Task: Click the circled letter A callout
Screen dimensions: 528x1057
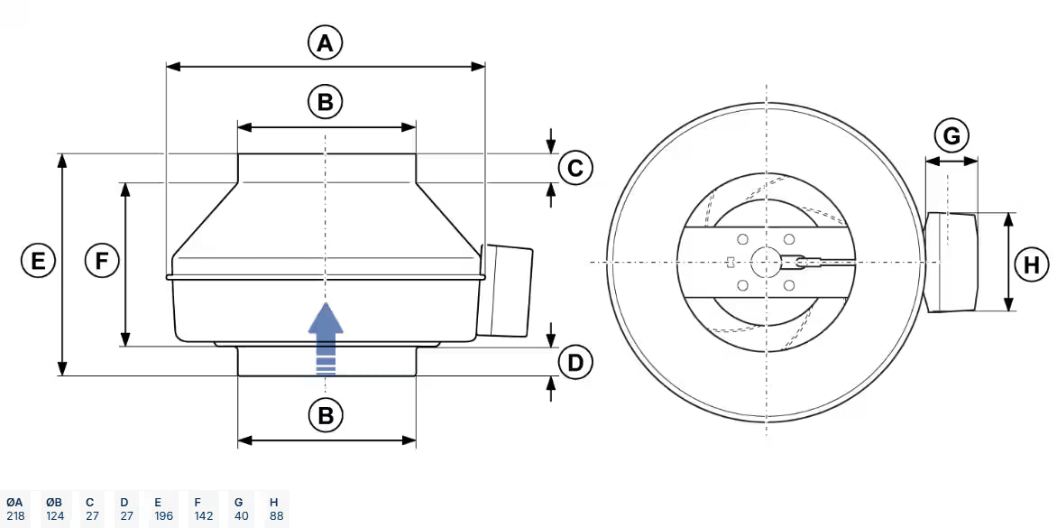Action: (x=326, y=42)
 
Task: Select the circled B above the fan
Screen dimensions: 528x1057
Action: (x=326, y=102)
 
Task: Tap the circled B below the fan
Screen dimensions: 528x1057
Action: (x=326, y=415)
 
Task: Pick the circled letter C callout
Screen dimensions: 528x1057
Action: (x=575, y=168)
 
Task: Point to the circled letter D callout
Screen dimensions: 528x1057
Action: (x=575, y=363)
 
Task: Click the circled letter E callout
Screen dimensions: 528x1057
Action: (x=38, y=262)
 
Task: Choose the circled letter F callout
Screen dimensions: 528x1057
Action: (x=102, y=262)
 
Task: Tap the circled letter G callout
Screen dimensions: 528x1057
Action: (x=951, y=137)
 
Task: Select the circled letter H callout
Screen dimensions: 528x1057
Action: (x=1032, y=264)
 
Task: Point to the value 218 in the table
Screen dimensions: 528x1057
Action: (x=15, y=516)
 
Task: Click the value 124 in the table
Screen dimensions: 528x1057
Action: (x=54, y=516)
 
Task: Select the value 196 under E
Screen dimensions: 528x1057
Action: (x=162, y=516)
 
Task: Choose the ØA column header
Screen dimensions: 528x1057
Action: (x=15, y=502)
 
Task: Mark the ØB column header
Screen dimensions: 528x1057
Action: (x=54, y=502)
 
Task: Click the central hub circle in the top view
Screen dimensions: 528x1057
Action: (x=766, y=263)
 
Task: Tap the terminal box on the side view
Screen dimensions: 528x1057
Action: (x=508, y=289)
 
